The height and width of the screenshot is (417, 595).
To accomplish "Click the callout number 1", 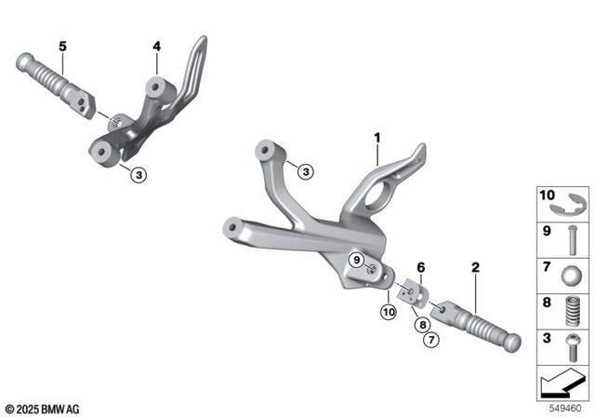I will [x=378, y=139].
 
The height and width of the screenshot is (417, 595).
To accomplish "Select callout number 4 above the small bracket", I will [x=157, y=46].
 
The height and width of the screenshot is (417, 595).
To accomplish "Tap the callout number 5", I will [x=63, y=46].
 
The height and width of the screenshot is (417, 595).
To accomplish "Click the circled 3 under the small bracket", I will [x=138, y=174].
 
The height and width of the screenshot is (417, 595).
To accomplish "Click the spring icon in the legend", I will [x=572, y=308].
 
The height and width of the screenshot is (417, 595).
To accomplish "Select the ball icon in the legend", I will [x=571, y=276].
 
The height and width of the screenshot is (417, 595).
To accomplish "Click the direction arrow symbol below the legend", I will [x=564, y=382].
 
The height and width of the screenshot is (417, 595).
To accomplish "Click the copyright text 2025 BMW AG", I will [x=42, y=409].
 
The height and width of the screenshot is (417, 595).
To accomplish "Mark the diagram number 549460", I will [x=568, y=407].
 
